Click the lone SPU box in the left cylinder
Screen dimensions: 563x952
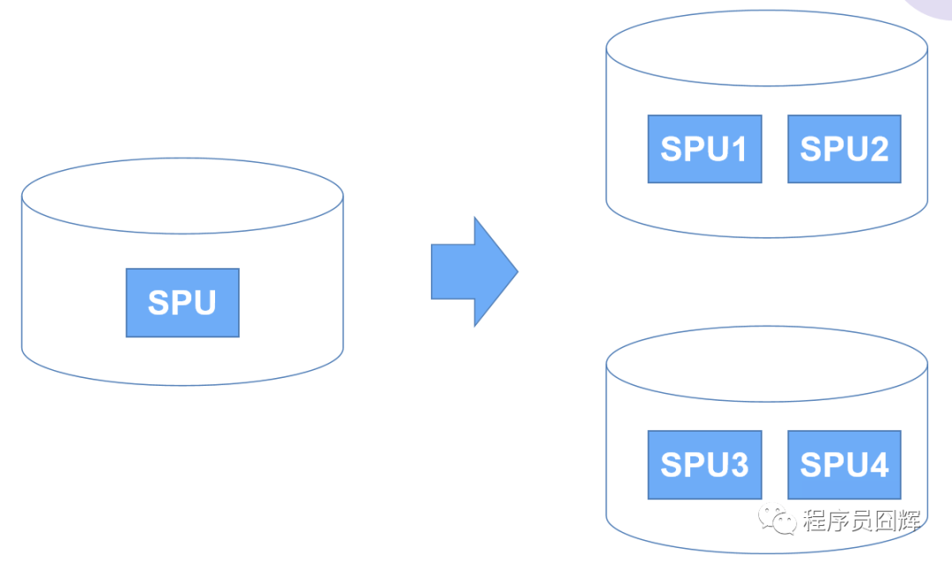pos(182,302)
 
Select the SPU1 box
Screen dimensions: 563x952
pos(704,149)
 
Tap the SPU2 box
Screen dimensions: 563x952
pos(844,149)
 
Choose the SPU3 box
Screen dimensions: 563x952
pos(704,464)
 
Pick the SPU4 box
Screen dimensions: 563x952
pos(844,464)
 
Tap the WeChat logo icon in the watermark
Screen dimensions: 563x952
pos(779,519)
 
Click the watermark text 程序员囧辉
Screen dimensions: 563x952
pos(861,520)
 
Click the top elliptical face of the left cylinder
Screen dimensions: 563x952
pos(182,196)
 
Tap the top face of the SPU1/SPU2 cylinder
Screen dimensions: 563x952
pos(767,48)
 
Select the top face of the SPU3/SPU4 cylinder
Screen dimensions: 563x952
pos(767,364)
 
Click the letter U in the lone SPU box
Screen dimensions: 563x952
pos(204,303)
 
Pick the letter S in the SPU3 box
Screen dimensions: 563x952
pos(673,465)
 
